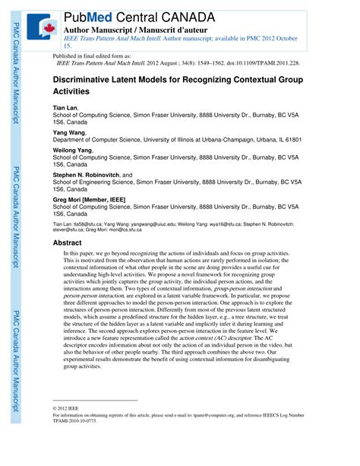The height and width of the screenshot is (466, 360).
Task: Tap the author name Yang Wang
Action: pyautogui.click(x=69, y=133)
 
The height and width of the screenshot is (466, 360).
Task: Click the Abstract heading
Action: pyautogui.click(x=68, y=243)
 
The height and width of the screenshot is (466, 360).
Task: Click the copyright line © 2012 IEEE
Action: pyautogui.click(x=69, y=408)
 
